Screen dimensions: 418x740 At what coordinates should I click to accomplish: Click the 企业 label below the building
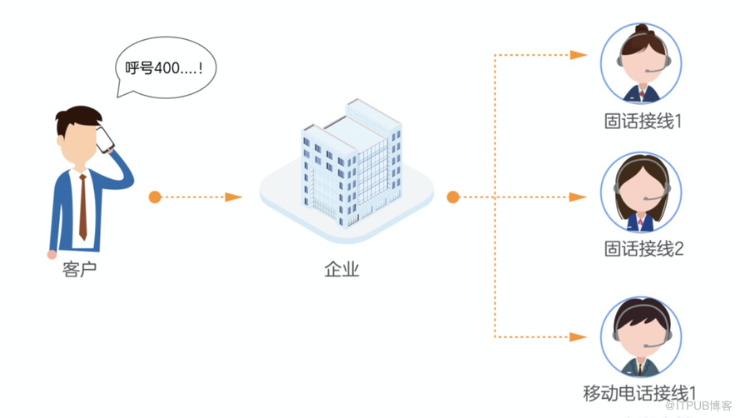click(x=341, y=270)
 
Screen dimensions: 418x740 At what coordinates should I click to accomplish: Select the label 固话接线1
click(x=643, y=122)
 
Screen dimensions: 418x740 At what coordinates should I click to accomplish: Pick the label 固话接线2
click(x=643, y=248)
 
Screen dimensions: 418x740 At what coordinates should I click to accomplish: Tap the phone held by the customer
click(x=105, y=140)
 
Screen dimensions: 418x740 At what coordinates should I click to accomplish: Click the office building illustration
click(x=350, y=162)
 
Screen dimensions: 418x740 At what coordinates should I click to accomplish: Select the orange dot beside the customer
click(x=155, y=197)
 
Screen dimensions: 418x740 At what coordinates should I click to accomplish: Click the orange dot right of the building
click(x=453, y=197)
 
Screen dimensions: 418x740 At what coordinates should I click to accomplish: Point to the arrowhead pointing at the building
click(x=234, y=197)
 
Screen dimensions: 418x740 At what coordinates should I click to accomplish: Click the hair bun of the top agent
click(x=642, y=30)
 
